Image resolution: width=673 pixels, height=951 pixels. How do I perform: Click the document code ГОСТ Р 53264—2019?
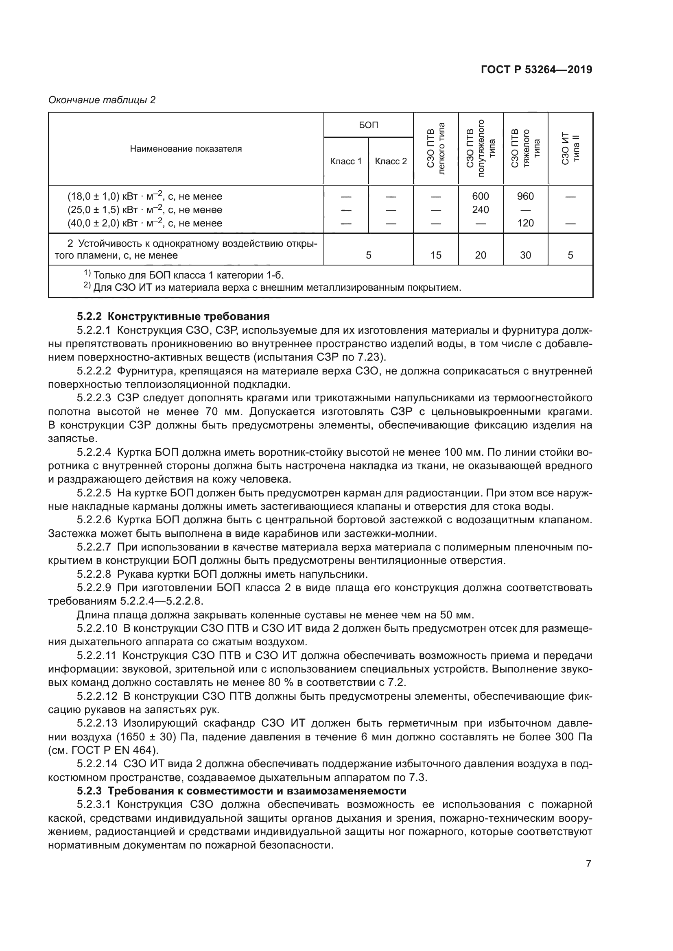coord(536,70)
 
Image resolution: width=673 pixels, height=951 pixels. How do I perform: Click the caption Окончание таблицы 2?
coord(102,100)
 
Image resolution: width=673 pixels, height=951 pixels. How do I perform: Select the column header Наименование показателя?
coord(186,149)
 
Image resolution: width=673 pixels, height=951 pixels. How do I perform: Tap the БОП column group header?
coord(368,125)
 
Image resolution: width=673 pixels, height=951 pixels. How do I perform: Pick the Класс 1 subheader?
coord(345,161)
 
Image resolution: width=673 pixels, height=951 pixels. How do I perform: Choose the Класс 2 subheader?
coord(391,161)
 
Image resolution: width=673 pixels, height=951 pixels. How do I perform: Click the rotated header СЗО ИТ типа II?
coord(570,148)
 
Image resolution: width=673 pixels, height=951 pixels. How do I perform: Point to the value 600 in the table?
coord(480,196)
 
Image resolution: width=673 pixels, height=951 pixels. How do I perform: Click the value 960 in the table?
coord(525,196)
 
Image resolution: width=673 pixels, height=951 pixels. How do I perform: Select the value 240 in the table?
coord(480,209)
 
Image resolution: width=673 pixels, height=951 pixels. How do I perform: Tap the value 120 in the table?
coord(525,223)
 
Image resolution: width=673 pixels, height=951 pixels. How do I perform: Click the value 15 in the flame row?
coord(435,255)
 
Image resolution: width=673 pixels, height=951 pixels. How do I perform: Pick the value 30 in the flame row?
coord(525,255)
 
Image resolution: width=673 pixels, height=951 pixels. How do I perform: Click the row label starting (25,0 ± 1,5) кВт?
coord(144,210)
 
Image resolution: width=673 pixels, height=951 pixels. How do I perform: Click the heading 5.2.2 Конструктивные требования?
coord(173,317)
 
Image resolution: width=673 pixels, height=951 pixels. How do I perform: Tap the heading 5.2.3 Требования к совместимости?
coord(242,791)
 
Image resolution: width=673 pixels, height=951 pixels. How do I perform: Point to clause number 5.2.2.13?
coord(94,723)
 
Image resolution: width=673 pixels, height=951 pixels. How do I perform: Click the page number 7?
coord(588,864)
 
